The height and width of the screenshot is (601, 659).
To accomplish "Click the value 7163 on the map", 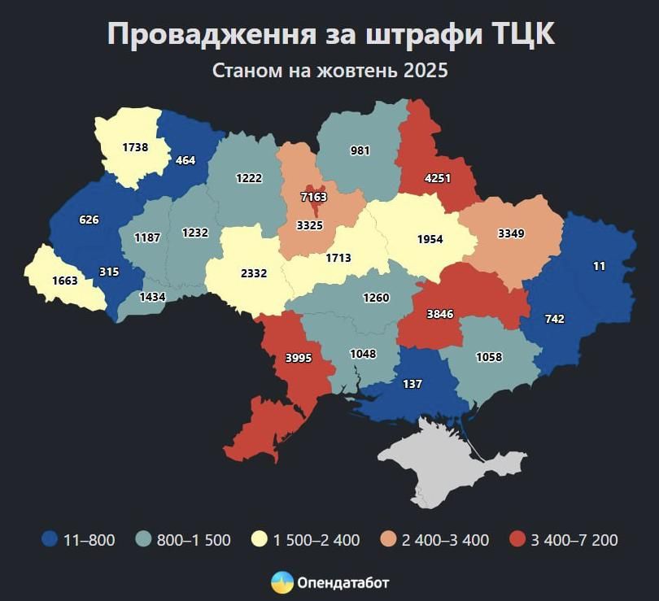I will pos(313,197).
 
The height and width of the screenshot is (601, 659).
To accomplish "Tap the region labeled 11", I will pos(599,266).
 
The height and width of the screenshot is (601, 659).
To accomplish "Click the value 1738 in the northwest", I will pos(135,147).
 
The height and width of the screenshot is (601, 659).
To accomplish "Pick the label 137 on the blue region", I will pos(412,383).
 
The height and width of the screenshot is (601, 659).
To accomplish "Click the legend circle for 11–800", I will pos(50,539).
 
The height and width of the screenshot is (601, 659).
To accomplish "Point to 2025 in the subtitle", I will pos(426,71).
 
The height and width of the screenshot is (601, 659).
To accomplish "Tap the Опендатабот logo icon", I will pos(282,582).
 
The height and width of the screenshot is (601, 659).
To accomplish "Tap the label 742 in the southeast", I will pos(554,319).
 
